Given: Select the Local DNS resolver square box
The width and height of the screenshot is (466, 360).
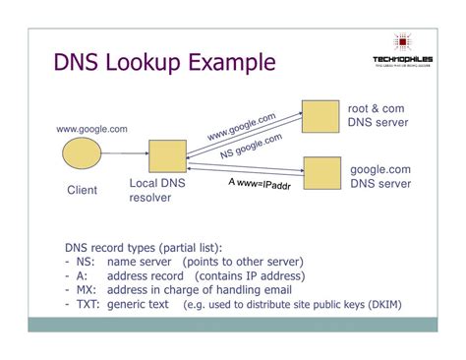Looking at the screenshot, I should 167,157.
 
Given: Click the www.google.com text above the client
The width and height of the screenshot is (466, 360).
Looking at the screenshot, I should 91,128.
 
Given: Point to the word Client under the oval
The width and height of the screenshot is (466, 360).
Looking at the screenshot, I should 82,190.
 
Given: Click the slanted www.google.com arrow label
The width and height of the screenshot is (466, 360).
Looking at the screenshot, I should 241,126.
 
